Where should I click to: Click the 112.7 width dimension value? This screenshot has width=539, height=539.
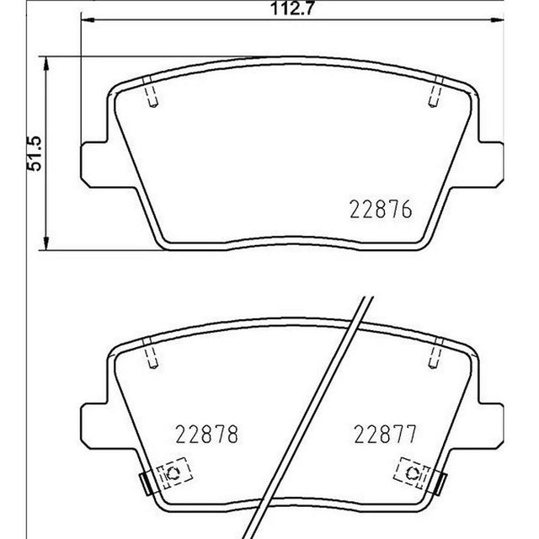coord(292,8)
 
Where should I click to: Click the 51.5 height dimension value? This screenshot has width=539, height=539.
coord(35,153)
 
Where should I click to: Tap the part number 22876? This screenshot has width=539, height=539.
coord(381,210)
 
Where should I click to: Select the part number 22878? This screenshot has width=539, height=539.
coord(206,435)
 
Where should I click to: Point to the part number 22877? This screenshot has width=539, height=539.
coord(385,435)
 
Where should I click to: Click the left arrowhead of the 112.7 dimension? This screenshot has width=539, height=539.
coord(88,20)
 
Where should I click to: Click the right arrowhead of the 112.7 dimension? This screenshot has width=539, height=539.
coord(497,20)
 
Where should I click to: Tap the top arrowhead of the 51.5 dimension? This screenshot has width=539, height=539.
coord(45,64)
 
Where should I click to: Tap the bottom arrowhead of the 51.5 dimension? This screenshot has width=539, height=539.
coord(45,243)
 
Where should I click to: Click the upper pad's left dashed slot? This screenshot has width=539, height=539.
coord(152,92)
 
